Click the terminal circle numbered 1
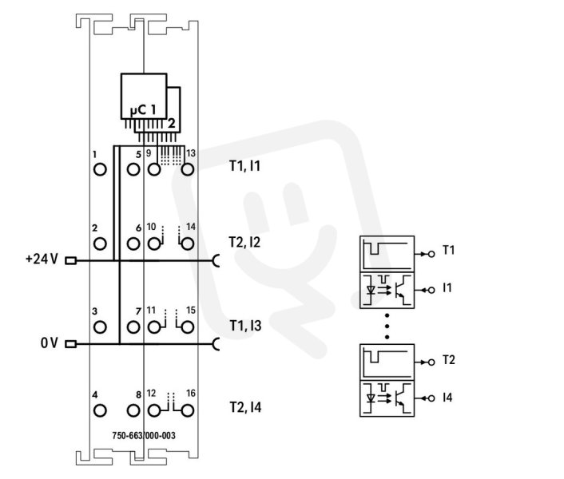point(100,169)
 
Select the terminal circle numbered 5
point(133,169)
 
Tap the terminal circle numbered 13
point(188,169)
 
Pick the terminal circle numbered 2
point(100,243)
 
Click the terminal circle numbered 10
point(154,243)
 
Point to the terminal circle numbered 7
point(133,327)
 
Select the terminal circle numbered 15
point(188,327)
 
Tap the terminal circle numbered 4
point(100,410)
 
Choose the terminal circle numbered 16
point(188,410)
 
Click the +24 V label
point(42,259)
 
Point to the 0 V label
point(50,342)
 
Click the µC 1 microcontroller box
point(144,97)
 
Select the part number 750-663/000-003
point(144,436)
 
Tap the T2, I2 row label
point(244,243)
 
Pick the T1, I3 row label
point(245,326)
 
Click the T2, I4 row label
point(245,407)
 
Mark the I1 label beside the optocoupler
point(447,288)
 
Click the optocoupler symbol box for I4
point(387,398)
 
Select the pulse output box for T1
point(387,254)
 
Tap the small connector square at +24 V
point(70,260)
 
